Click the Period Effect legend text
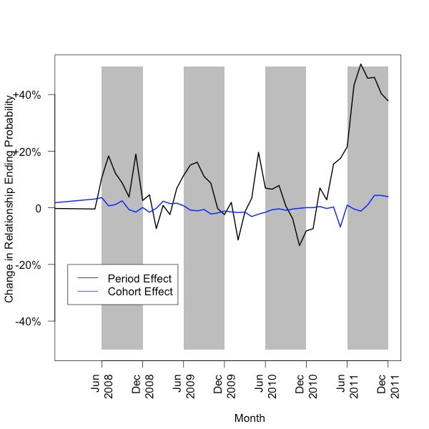click(139, 278)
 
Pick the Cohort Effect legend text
click(139, 292)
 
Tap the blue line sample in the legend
click(87, 292)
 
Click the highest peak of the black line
click(361, 64)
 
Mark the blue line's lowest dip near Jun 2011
click(340, 227)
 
